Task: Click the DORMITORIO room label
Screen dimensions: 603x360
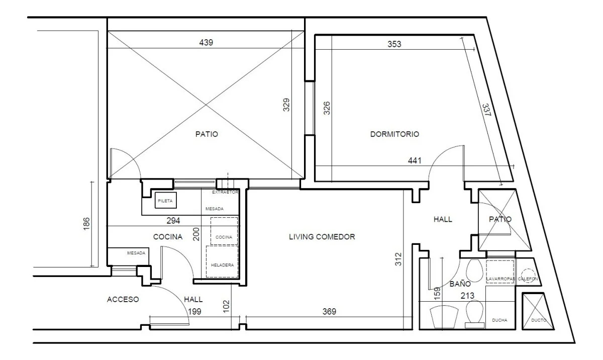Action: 394,134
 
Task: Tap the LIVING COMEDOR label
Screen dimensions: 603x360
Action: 322,237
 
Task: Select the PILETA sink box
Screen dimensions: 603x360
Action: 165,200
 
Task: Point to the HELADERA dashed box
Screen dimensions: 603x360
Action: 222,261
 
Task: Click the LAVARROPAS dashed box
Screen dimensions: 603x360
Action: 500,272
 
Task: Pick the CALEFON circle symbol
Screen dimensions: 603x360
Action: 528,275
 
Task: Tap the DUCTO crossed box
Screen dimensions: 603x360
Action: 537,311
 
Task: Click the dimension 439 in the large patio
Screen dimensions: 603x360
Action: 206,43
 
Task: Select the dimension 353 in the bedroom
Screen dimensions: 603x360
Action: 394,44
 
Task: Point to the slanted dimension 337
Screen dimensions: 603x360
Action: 486,110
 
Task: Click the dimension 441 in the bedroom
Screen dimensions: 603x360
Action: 415,161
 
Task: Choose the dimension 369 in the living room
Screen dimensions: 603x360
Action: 329,312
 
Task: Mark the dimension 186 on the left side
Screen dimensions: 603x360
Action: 86,224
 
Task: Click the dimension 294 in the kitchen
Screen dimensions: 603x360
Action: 173,221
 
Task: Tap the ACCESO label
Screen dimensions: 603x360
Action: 123,300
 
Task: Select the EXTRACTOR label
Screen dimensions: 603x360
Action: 225,192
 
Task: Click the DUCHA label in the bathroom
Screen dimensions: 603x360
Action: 499,320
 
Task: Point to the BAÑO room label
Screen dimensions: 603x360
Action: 460,284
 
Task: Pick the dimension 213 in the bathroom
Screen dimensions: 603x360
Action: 467,296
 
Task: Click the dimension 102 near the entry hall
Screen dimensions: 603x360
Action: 227,306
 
